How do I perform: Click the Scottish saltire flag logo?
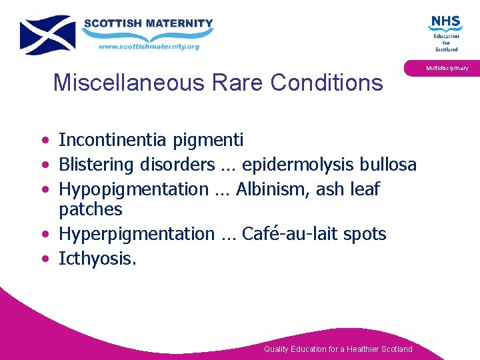point(47,35)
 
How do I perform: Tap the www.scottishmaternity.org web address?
point(149,47)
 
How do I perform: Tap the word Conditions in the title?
point(327,83)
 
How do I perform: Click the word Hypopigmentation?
point(133,190)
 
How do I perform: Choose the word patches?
point(91,210)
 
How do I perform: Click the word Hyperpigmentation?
point(136,235)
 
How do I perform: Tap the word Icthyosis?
point(97,259)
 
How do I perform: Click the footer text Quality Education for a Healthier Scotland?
point(338,349)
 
